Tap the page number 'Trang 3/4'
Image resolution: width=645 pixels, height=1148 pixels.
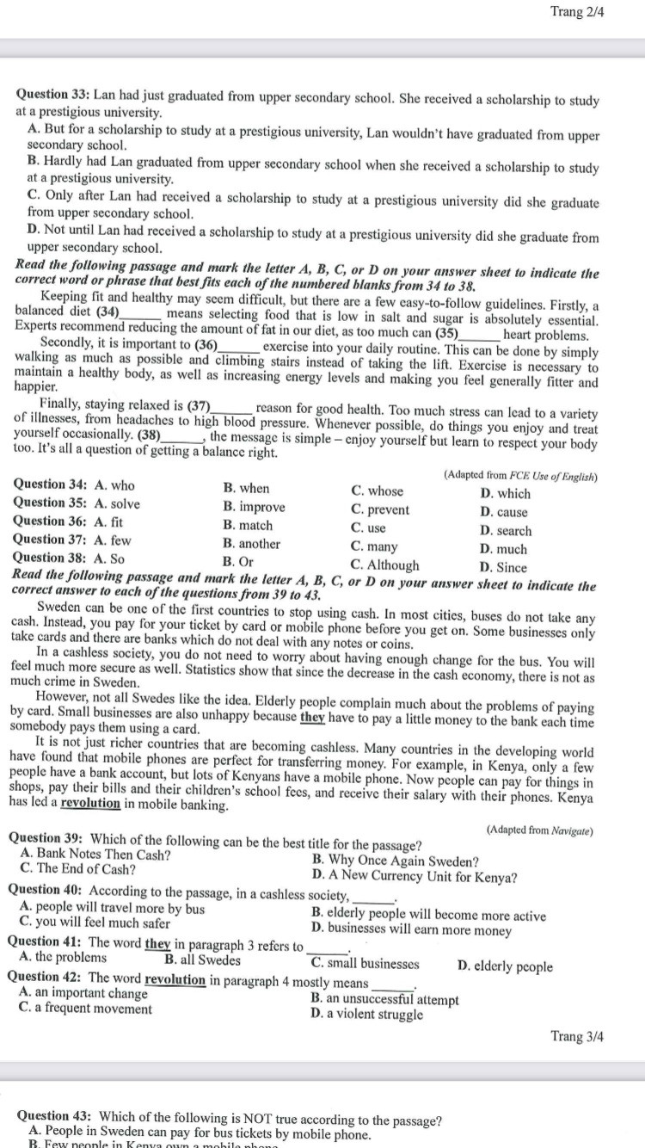(x=577, y=1036)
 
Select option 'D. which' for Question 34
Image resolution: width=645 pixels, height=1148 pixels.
(x=506, y=493)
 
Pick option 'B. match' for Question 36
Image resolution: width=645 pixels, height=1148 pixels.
(x=248, y=525)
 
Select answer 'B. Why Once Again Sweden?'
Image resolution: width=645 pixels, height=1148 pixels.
(x=396, y=861)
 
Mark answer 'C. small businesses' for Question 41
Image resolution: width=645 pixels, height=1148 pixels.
(x=365, y=964)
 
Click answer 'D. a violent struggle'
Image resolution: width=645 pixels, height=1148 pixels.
(x=367, y=1014)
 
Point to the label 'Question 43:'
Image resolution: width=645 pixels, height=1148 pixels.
(x=54, y=1116)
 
